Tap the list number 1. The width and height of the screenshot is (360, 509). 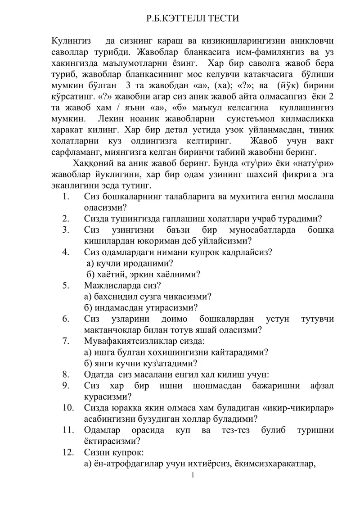(66, 197)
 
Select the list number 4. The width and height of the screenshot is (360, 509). (66, 252)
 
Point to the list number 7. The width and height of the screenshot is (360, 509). (66, 340)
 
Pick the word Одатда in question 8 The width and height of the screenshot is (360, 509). (98, 374)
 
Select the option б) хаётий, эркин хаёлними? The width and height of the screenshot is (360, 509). (143, 274)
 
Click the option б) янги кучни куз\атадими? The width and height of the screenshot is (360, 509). (141, 363)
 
